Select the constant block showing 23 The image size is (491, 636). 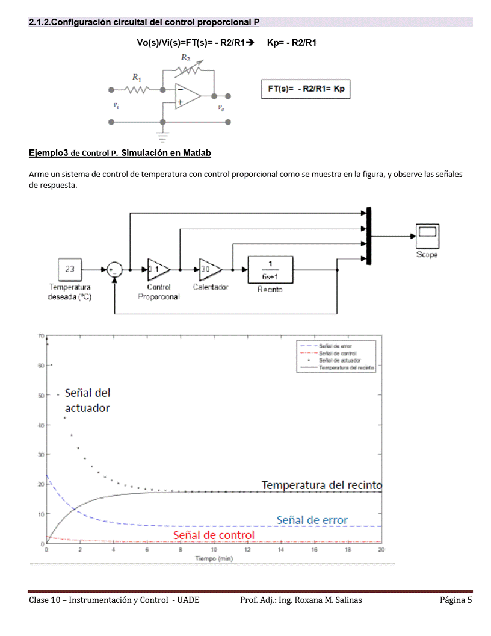[x=70, y=269]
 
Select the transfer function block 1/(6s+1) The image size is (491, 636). [x=270, y=269]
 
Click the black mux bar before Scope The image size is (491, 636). [x=368, y=236]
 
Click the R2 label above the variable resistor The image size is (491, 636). [x=186, y=58]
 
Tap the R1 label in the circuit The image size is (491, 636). [x=137, y=78]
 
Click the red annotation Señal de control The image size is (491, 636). [x=214, y=535]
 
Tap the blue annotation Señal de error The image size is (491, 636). [x=312, y=520]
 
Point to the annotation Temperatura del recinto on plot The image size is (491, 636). [x=321, y=485]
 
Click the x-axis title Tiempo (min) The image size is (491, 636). [x=214, y=559]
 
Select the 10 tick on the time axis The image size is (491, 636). [x=214, y=550]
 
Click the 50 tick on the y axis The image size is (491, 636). [x=40, y=396]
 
